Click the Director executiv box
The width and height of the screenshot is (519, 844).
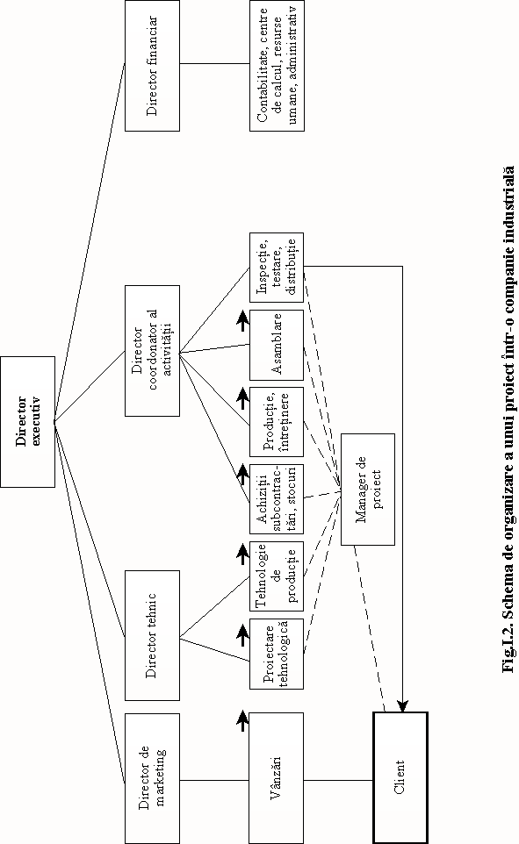[27, 421]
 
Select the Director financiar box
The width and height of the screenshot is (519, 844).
[153, 66]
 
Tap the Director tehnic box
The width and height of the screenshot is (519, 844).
[153, 635]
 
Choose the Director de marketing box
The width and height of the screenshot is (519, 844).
[153, 778]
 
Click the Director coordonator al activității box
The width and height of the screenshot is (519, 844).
[153, 350]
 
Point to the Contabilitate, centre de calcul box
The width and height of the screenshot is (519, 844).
[277, 66]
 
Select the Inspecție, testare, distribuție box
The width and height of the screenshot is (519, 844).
[277, 268]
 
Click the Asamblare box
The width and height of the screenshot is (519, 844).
[277, 345]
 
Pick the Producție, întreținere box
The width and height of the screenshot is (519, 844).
[277, 422]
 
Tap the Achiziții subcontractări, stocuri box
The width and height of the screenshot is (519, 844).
[277, 499]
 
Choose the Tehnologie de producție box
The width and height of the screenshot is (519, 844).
[277, 576]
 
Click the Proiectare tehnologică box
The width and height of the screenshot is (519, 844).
[277, 654]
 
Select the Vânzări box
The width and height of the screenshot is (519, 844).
[277, 778]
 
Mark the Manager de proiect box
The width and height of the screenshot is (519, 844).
[368, 490]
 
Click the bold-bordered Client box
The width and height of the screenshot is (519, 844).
[400, 778]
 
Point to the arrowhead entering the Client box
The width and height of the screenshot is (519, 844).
[402, 706]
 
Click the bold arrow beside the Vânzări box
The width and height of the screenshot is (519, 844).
[242, 720]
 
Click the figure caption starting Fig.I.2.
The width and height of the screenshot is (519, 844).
[508, 418]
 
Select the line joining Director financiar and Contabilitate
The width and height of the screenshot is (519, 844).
[214, 63]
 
